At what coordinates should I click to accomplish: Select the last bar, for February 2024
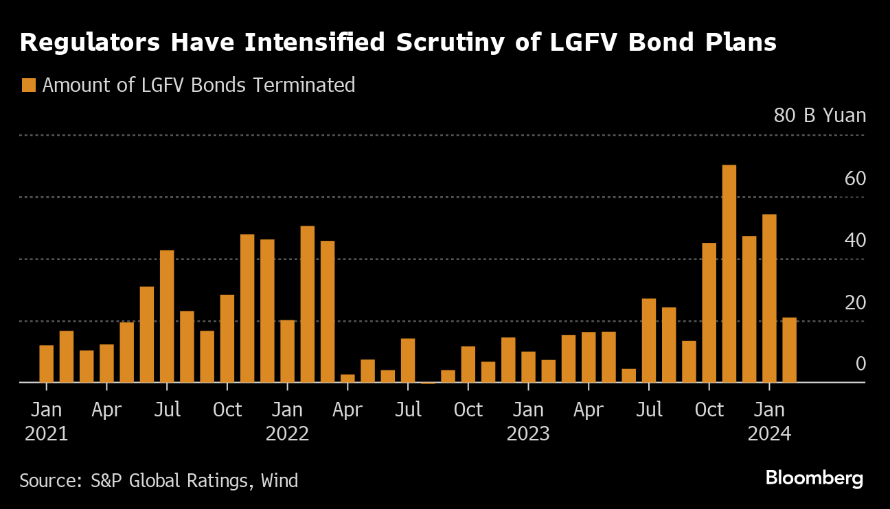tap(789, 350)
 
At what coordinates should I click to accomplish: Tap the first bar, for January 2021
tap(46, 364)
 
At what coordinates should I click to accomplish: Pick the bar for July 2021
tap(167, 316)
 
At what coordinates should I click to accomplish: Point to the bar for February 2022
tap(307, 304)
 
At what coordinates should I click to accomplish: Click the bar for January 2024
tap(769, 298)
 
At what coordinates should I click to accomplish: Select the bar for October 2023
tap(709, 312)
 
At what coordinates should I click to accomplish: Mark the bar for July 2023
tap(648, 340)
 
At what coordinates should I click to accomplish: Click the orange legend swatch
tap(28, 85)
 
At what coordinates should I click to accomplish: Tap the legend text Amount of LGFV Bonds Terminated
tap(198, 85)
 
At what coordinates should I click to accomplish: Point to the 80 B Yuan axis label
tap(819, 115)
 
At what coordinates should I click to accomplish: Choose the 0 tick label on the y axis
tap(860, 364)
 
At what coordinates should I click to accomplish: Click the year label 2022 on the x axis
tap(287, 434)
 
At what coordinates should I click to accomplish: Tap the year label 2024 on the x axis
tap(769, 434)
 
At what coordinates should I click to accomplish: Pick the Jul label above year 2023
tap(648, 410)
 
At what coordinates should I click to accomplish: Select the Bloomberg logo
tap(814, 478)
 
